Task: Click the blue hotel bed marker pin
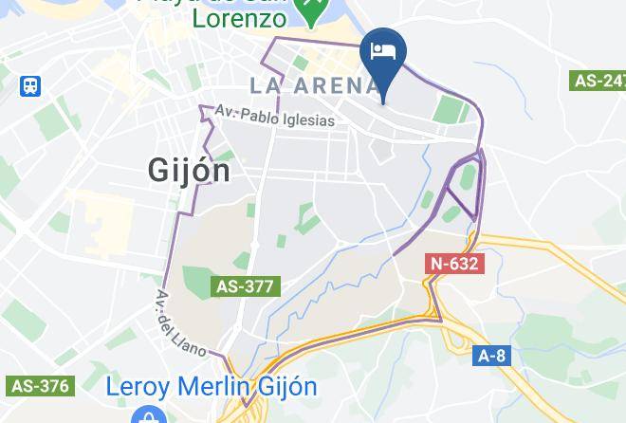point(384,53)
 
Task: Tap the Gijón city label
point(190,170)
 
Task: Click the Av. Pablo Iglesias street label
point(275,118)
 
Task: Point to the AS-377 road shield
point(246,285)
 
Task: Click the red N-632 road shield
point(454,264)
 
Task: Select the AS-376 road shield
point(40,385)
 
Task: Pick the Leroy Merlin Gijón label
point(212,387)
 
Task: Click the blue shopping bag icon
point(145,415)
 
